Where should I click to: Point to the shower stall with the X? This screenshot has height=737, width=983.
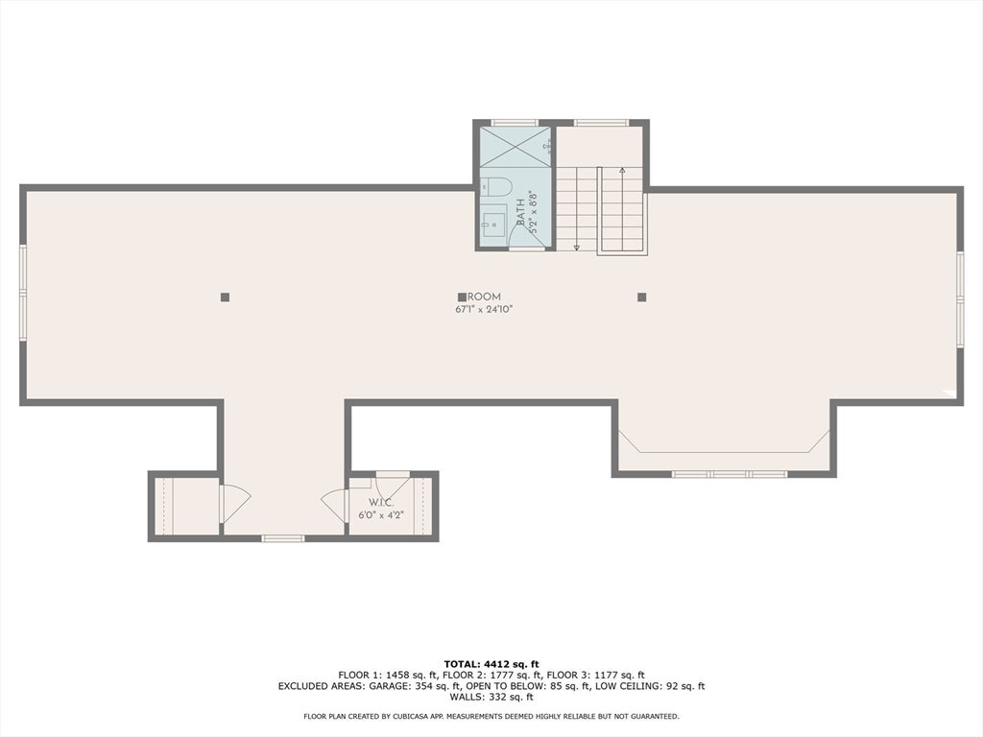(515, 149)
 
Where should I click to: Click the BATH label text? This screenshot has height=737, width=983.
(520, 212)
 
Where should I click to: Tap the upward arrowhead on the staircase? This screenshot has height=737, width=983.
(623, 171)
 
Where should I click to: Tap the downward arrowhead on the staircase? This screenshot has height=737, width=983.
(577, 247)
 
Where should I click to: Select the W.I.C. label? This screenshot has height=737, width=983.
(381, 503)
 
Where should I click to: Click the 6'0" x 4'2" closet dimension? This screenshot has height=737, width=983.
(381, 515)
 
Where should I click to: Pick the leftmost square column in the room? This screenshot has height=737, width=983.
(225, 297)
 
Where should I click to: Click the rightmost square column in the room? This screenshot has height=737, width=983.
(642, 297)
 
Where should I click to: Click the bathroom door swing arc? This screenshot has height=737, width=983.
(524, 230)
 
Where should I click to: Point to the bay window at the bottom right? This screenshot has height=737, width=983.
(729, 473)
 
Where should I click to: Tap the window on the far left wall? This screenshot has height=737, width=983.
(23, 293)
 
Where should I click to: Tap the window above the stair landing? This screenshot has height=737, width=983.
(601, 123)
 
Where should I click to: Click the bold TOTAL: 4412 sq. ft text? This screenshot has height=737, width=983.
(491, 663)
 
